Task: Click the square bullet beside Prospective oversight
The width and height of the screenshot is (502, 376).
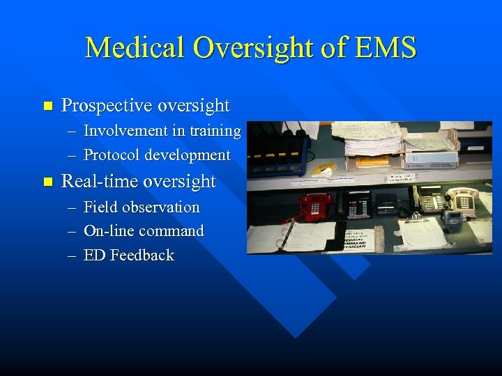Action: [x=47, y=107]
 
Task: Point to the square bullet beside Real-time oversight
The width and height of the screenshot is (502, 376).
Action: [x=47, y=182]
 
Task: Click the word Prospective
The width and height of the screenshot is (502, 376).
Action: [x=107, y=106]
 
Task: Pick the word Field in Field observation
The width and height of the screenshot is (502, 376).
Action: [x=97, y=207]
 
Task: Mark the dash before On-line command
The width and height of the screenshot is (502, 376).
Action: [x=73, y=231]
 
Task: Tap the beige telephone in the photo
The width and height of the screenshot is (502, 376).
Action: [x=461, y=199]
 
